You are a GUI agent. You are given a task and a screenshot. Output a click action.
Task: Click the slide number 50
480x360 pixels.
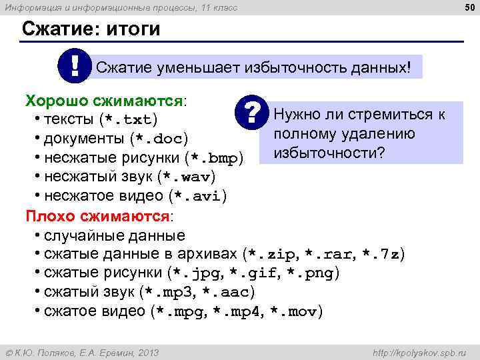click(x=467, y=7)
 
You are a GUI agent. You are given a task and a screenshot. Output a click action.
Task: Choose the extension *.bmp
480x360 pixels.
click(x=215, y=159)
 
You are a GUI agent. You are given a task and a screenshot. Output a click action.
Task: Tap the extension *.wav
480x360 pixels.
click(x=187, y=178)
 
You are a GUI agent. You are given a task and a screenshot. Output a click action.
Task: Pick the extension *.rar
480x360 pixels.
click(x=331, y=255)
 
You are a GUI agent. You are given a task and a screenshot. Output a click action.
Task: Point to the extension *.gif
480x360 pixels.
click(x=255, y=273)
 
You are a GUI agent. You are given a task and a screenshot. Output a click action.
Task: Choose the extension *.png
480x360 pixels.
click(x=311, y=273)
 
